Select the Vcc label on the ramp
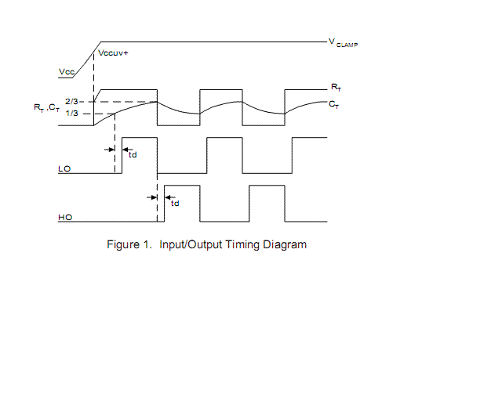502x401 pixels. tap(67, 72)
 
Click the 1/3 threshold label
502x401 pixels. tap(71, 114)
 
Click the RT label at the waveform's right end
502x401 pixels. tap(336, 89)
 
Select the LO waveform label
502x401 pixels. tap(65, 168)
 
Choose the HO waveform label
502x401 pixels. tap(65, 217)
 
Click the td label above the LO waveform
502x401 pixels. tap(132, 154)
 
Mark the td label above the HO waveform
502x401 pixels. tap(174, 204)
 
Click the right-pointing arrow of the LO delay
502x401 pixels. tap(109, 146)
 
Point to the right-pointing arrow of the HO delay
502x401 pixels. tap(153, 197)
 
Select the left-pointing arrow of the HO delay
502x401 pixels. tap(170, 197)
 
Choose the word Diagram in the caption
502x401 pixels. tap(286, 244)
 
